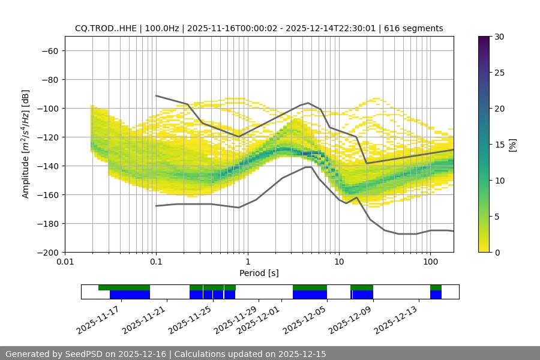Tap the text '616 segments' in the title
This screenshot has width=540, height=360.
(413, 28)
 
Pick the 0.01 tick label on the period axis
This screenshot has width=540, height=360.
(65, 262)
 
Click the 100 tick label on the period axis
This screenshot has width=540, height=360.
(430, 262)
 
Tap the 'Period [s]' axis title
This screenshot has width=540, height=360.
(259, 273)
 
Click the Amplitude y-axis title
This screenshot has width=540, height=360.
(26, 144)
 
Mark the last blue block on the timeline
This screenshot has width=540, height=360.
(436, 295)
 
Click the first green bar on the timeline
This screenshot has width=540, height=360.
(124, 287)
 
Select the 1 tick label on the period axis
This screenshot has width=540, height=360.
(247, 262)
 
